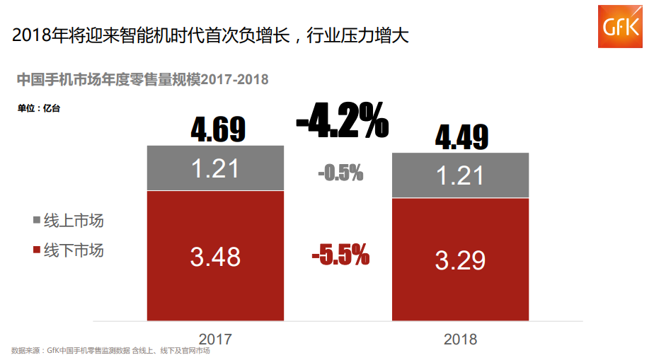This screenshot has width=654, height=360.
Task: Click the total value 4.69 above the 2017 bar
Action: [x=218, y=130]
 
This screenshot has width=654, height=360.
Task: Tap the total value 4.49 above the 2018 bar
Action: [x=462, y=137]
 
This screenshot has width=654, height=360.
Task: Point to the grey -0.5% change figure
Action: [x=340, y=172]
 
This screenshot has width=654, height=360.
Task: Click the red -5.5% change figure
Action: [x=340, y=255]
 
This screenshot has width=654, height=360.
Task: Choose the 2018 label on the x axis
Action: [x=460, y=339]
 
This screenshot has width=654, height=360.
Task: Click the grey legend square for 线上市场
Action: [x=38, y=221]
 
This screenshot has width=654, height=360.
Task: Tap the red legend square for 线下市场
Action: [x=38, y=250]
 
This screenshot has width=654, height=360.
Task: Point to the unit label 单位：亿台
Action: [x=40, y=108]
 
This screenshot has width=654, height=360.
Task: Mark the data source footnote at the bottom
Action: [x=111, y=351]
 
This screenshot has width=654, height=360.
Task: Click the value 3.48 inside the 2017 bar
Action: [x=215, y=256]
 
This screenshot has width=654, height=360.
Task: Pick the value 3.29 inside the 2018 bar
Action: [x=460, y=260]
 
